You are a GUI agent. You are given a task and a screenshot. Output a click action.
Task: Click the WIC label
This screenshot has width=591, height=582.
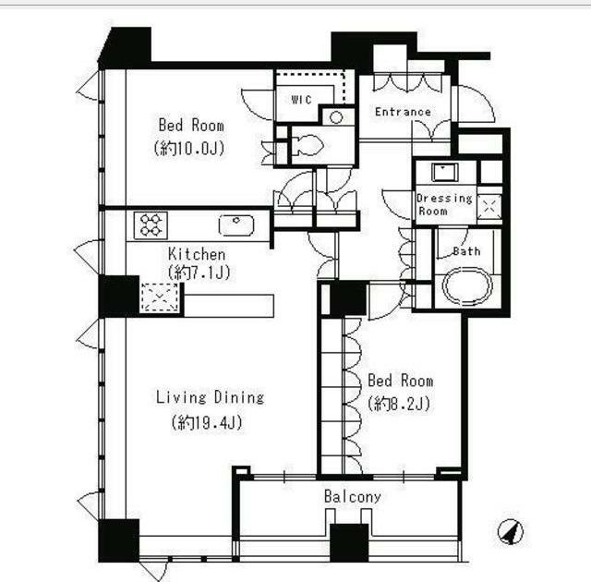tap(302, 100)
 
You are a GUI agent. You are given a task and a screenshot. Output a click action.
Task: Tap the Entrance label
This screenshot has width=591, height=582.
tap(403, 112)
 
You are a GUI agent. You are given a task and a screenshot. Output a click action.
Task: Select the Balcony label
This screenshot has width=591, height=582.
tap(353, 496)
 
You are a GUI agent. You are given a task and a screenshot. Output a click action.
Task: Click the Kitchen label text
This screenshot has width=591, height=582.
tap(197, 254)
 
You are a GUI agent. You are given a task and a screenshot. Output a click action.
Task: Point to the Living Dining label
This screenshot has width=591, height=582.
tap(211, 397)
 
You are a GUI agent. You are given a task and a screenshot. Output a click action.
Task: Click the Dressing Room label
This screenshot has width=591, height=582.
tap(444, 204)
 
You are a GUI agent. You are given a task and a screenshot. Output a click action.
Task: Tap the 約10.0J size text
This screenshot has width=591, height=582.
tap(189, 148)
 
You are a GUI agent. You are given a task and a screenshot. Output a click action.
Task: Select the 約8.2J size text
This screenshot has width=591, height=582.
tap(399, 404)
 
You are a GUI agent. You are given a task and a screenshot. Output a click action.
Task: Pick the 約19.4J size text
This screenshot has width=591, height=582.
tap(207, 422)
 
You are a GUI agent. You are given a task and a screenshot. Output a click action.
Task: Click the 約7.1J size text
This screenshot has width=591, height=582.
tap(199, 273)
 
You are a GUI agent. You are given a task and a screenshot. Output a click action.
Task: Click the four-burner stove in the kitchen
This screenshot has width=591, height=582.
tap(151, 225)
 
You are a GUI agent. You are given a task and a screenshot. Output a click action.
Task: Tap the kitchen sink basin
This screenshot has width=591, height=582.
tap(236, 225)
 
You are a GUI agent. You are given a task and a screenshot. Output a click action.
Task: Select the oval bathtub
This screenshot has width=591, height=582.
tap(467, 285)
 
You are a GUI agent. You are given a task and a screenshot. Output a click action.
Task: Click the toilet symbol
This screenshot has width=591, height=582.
tap(308, 145)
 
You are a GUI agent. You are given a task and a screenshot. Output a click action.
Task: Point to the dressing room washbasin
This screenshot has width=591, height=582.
tap(445, 172)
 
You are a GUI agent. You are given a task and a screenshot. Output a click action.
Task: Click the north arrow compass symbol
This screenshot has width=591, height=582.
tap(511, 532)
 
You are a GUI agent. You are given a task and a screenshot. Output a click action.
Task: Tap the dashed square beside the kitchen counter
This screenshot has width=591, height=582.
tap(160, 297)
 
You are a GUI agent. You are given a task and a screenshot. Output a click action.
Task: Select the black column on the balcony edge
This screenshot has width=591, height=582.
tap(349, 543)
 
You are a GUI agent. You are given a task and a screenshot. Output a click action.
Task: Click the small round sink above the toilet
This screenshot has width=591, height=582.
tap(336, 117)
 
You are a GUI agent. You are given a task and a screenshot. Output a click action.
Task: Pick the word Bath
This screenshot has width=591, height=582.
tap(466, 251)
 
